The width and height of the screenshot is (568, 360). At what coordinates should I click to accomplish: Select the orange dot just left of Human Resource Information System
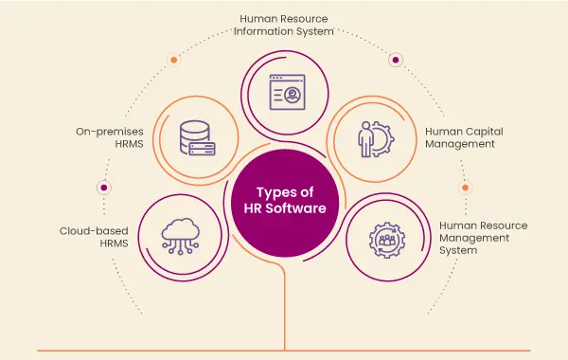click(x=173, y=60)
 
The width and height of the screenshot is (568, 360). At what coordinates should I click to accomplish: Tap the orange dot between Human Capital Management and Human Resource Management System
click(x=465, y=188)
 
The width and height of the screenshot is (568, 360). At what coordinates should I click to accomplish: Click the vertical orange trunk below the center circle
click(x=285, y=303)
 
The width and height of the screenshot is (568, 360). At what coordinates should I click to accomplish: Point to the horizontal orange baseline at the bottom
click(x=284, y=351)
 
